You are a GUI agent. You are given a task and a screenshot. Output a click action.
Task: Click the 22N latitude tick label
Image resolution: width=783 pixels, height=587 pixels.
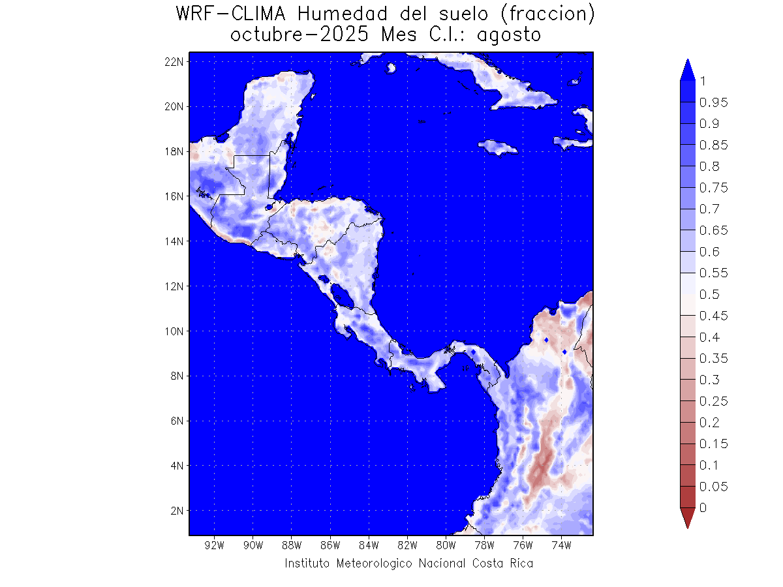(175, 61)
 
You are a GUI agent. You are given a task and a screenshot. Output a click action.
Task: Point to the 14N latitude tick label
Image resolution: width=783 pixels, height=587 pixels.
(175, 241)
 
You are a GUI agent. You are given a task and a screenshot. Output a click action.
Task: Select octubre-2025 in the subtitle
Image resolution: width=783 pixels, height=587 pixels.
(301, 35)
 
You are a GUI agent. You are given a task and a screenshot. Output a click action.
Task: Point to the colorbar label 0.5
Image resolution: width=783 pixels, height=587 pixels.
(709, 294)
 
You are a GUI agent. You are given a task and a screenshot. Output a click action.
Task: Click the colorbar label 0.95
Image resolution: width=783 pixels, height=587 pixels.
(713, 102)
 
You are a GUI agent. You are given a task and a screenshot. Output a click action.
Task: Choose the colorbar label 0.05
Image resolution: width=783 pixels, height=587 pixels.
(713, 487)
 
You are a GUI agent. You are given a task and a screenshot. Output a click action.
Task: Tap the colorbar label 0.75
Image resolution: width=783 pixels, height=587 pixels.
(713, 188)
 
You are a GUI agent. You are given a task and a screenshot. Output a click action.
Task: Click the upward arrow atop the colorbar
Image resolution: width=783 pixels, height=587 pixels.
(687, 69)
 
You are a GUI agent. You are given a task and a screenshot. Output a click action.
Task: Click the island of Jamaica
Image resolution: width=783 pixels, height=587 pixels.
(498, 147)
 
